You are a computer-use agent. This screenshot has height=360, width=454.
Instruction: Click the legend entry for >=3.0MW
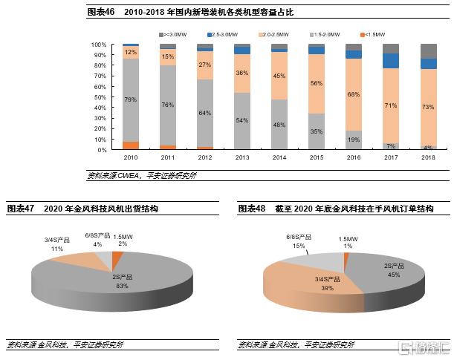pos(172,35)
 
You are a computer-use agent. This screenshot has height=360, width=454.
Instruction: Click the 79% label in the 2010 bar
pos(131,99)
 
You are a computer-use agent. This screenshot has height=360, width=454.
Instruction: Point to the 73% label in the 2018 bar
pos(428,108)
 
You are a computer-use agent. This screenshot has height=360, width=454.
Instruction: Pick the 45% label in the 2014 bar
pos(279,76)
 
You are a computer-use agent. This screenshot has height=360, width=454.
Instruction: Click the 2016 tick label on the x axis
pos(354,158)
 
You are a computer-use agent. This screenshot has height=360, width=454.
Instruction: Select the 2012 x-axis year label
pos(205,158)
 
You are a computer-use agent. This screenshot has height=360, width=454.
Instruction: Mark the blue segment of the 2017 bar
pos(391,61)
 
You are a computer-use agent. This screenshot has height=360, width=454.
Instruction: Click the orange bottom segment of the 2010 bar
pos(131,145)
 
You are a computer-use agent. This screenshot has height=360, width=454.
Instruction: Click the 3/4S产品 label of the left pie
pos(56,240)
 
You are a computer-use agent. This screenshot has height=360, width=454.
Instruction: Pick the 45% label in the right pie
pos(395,274)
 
